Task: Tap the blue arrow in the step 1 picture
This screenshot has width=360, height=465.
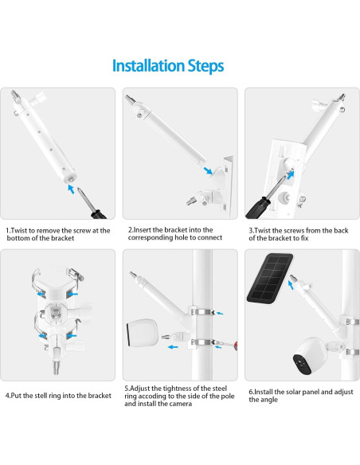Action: click(72, 190)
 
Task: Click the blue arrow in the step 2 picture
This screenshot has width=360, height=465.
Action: click(208, 170)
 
